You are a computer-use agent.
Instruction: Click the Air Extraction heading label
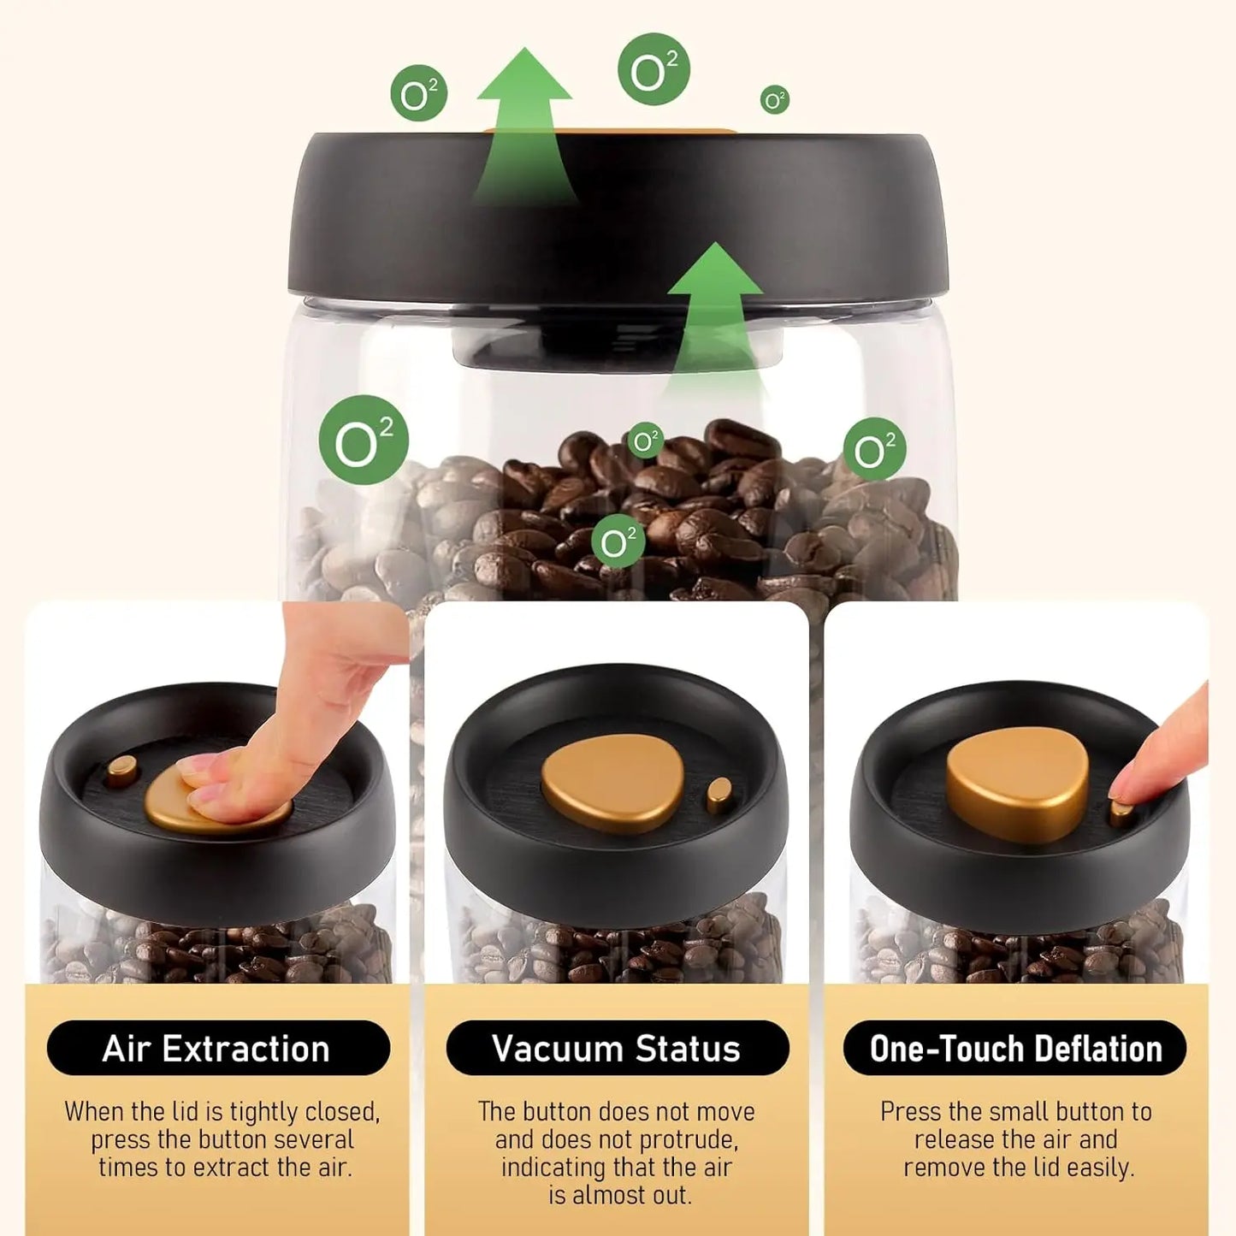point(217,1048)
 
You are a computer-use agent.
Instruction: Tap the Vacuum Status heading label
point(617,1048)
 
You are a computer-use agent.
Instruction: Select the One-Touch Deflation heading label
point(1015,1048)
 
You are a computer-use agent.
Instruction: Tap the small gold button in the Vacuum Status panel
point(719,795)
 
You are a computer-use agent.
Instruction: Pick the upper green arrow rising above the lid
point(524,120)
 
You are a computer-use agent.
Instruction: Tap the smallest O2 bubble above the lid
point(774,100)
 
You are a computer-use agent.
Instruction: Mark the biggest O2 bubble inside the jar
point(364,441)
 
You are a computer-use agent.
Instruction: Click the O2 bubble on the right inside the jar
point(874,449)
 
